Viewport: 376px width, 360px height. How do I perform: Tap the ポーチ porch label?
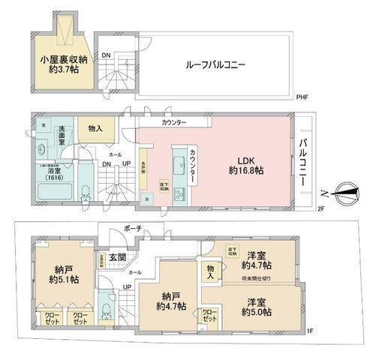click(134, 228)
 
